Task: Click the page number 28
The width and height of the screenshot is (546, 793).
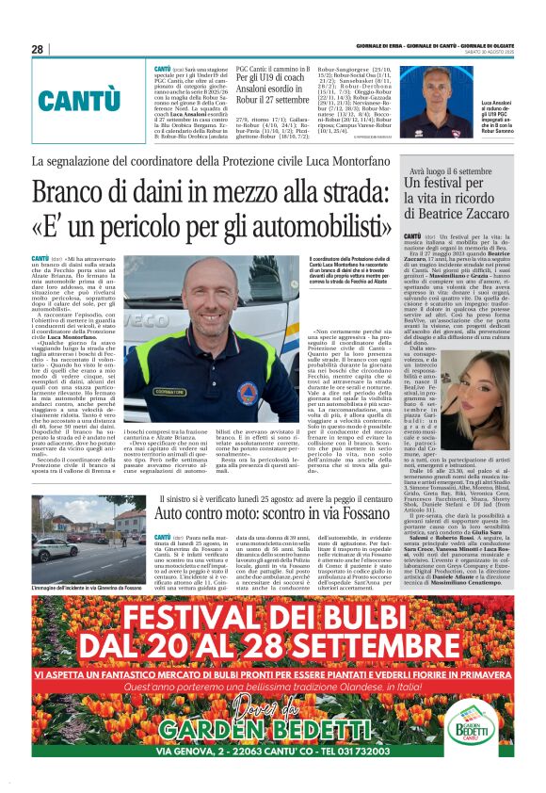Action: (x=38, y=49)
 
